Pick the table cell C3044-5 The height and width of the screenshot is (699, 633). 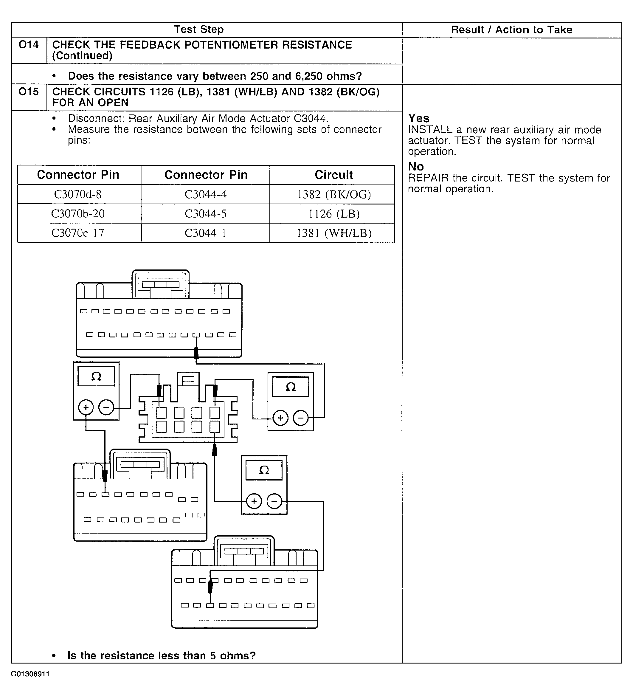206,214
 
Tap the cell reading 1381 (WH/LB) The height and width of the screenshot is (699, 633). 334,233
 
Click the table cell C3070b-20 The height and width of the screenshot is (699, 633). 78,214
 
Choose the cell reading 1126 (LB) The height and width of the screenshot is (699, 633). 334,214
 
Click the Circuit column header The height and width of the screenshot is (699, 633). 334,175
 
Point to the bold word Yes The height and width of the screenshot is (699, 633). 419,118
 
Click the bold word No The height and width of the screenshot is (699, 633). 416,166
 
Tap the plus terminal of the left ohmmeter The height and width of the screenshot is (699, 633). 86,407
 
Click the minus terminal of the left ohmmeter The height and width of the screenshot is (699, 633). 106,407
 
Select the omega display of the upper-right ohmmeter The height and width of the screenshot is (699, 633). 291,387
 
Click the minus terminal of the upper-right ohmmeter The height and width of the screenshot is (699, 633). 300,418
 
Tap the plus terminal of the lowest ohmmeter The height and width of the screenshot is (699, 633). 254,501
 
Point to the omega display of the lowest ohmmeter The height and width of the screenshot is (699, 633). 264,470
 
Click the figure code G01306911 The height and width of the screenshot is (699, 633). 30,674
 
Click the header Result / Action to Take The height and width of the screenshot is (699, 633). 511,30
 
